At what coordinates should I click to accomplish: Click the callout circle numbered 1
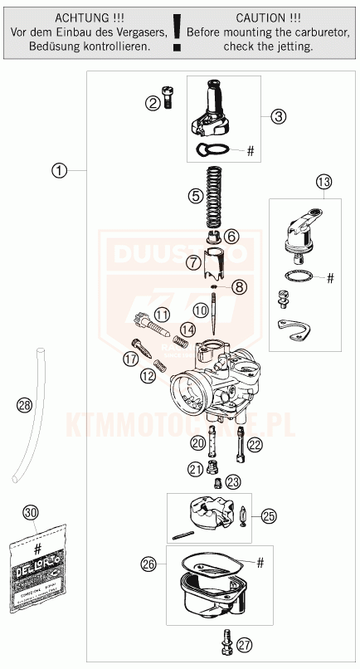tap(58, 170)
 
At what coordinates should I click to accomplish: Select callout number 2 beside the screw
tap(153, 103)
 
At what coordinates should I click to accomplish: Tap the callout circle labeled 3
tap(279, 116)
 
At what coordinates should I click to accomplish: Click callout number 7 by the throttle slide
tap(193, 263)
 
